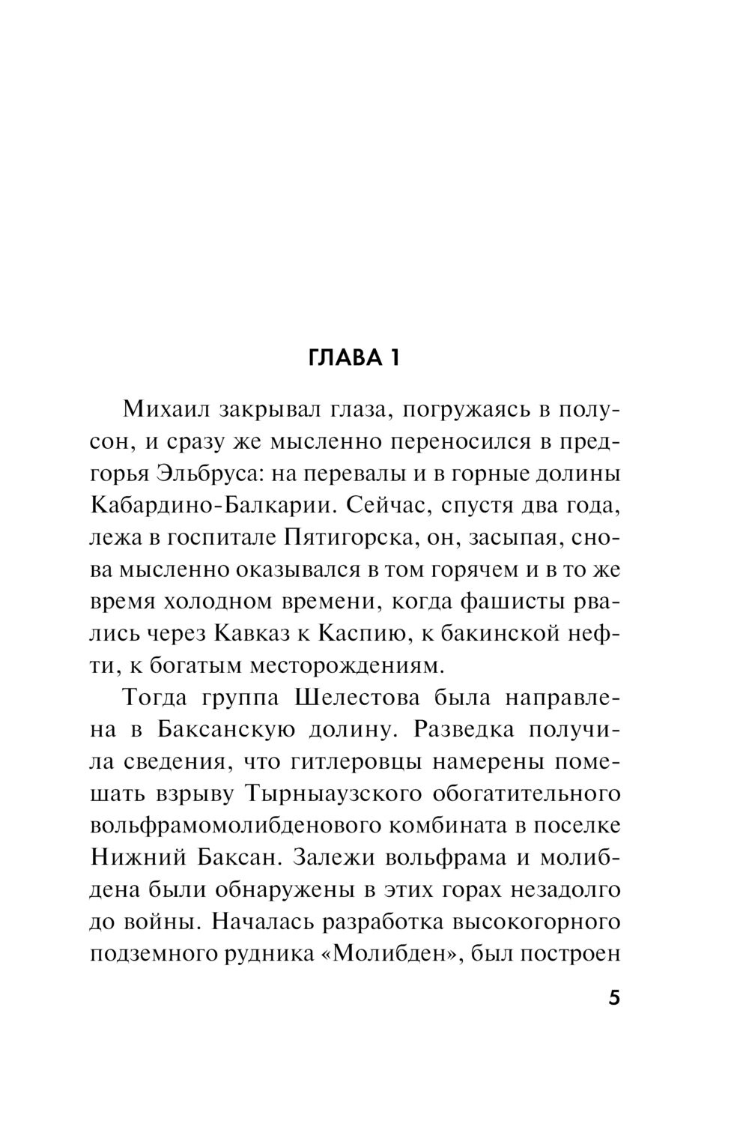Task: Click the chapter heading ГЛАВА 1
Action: pyautogui.click(x=354, y=358)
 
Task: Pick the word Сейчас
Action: pyautogui.click(x=383, y=506)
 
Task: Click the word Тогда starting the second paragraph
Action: pyautogui.click(x=155, y=698)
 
